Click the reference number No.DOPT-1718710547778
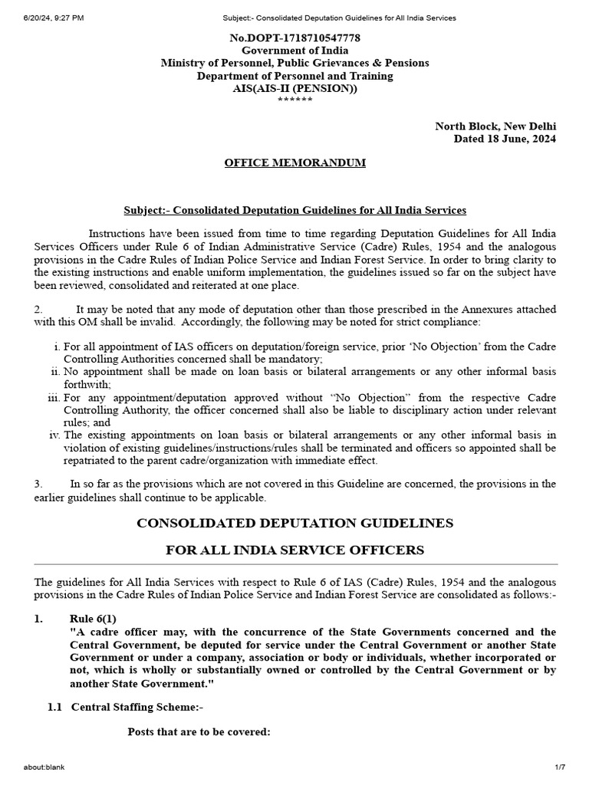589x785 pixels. coord(295,38)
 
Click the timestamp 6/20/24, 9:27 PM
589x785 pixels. coord(44,17)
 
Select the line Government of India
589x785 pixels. coord(295,50)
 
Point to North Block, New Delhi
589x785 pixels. coord(495,126)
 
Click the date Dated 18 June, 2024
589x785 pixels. coord(505,139)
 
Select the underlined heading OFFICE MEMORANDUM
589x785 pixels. coord(294,163)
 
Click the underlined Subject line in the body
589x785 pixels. coord(294,210)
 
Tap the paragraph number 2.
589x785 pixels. coord(38,309)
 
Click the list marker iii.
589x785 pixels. coord(54,398)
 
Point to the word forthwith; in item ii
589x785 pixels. coord(87,384)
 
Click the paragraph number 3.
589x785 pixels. coord(38,484)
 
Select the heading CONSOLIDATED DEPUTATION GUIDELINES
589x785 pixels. coord(294,523)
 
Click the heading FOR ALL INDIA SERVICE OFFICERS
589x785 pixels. coord(294,550)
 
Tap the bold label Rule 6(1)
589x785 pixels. coord(93,619)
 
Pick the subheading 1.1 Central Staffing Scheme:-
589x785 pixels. coord(125,707)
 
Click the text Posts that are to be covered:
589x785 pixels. coord(199,731)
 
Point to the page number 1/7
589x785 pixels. coord(559,767)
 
